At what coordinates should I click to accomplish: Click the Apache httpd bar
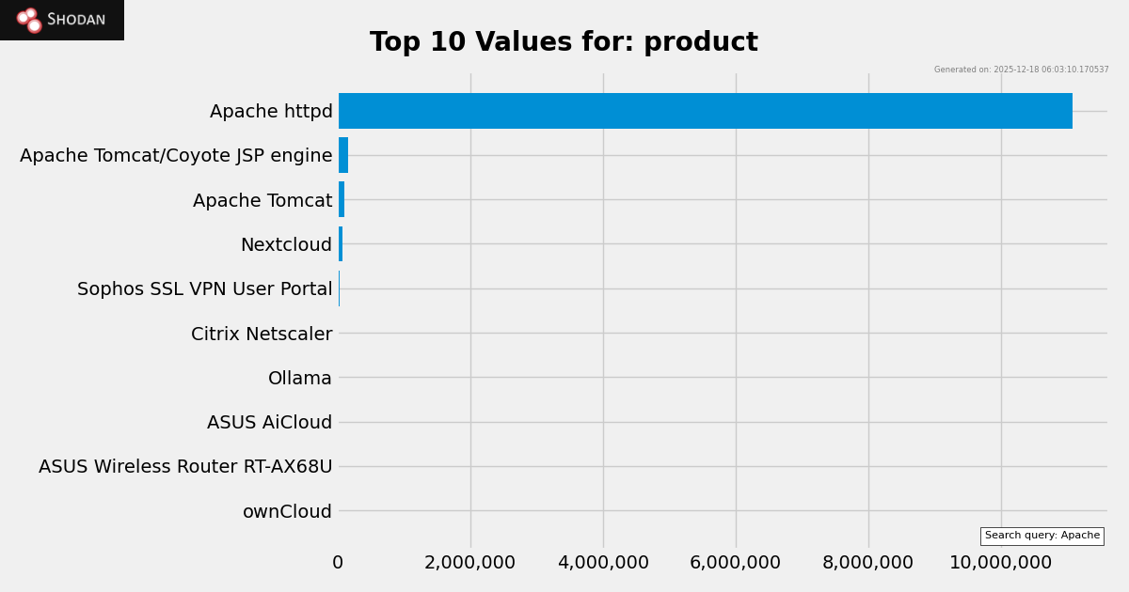(x=706, y=111)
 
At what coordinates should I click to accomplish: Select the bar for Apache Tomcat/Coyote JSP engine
(x=343, y=155)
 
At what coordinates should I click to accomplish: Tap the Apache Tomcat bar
(x=342, y=199)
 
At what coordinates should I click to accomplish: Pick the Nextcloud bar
(x=341, y=244)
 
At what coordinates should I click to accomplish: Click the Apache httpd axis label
(x=271, y=112)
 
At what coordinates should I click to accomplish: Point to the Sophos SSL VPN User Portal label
(x=204, y=289)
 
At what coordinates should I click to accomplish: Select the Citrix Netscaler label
(x=262, y=335)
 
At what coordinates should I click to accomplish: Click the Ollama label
(x=300, y=379)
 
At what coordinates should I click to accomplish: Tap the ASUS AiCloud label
(x=269, y=423)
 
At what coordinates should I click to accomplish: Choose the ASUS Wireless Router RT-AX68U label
(x=185, y=467)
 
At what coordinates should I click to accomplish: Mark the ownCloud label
(x=287, y=512)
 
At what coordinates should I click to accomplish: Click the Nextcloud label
(x=286, y=245)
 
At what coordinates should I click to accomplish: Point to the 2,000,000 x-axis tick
(x=469, y=563)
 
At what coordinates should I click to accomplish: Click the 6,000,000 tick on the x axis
(x=736, y=563)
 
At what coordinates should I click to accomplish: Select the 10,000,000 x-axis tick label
(x=1000, y=563)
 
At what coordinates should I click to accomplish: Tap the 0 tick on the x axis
(x=338, y=563)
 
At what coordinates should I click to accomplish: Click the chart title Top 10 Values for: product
(x=564, y=42)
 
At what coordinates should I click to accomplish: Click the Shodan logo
(x=62, y=20)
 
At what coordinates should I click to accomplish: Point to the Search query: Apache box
(x=1042, y=536)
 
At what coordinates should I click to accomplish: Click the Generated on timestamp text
(x=1021, y=70)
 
